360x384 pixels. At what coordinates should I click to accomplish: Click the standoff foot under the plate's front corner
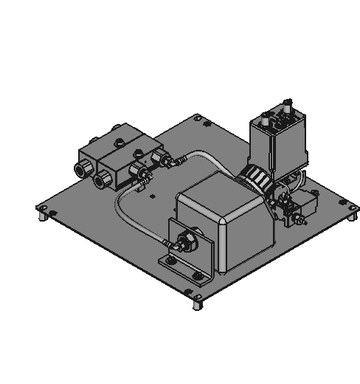tap(197, 302)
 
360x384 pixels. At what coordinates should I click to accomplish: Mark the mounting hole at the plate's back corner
tap(198, 116)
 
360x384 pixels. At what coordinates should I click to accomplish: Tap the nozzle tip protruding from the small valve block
tap(300, 221)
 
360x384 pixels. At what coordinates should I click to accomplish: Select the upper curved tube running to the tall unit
tap(207, 155)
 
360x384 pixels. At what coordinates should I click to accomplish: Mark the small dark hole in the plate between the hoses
tap(151, 196)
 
